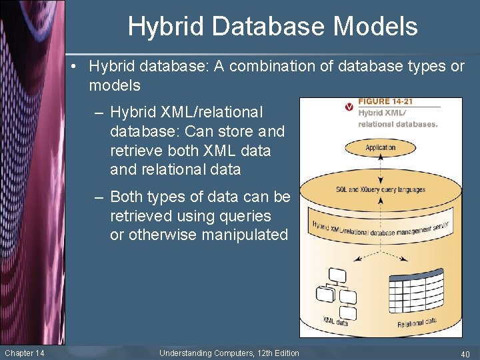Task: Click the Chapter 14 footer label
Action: pos(24,353)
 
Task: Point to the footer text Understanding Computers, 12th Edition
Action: pos(229,353)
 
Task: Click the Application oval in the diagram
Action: pos(380,147)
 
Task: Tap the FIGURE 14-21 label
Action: pos(385,102)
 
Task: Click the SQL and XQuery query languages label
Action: pos(380,190)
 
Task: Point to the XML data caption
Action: pos(335,321)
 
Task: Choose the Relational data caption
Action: pos(417,322)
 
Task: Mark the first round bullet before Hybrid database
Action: pos(79,66)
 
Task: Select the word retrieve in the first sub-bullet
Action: pos(138,150)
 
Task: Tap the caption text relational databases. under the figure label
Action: pos(397,124)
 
